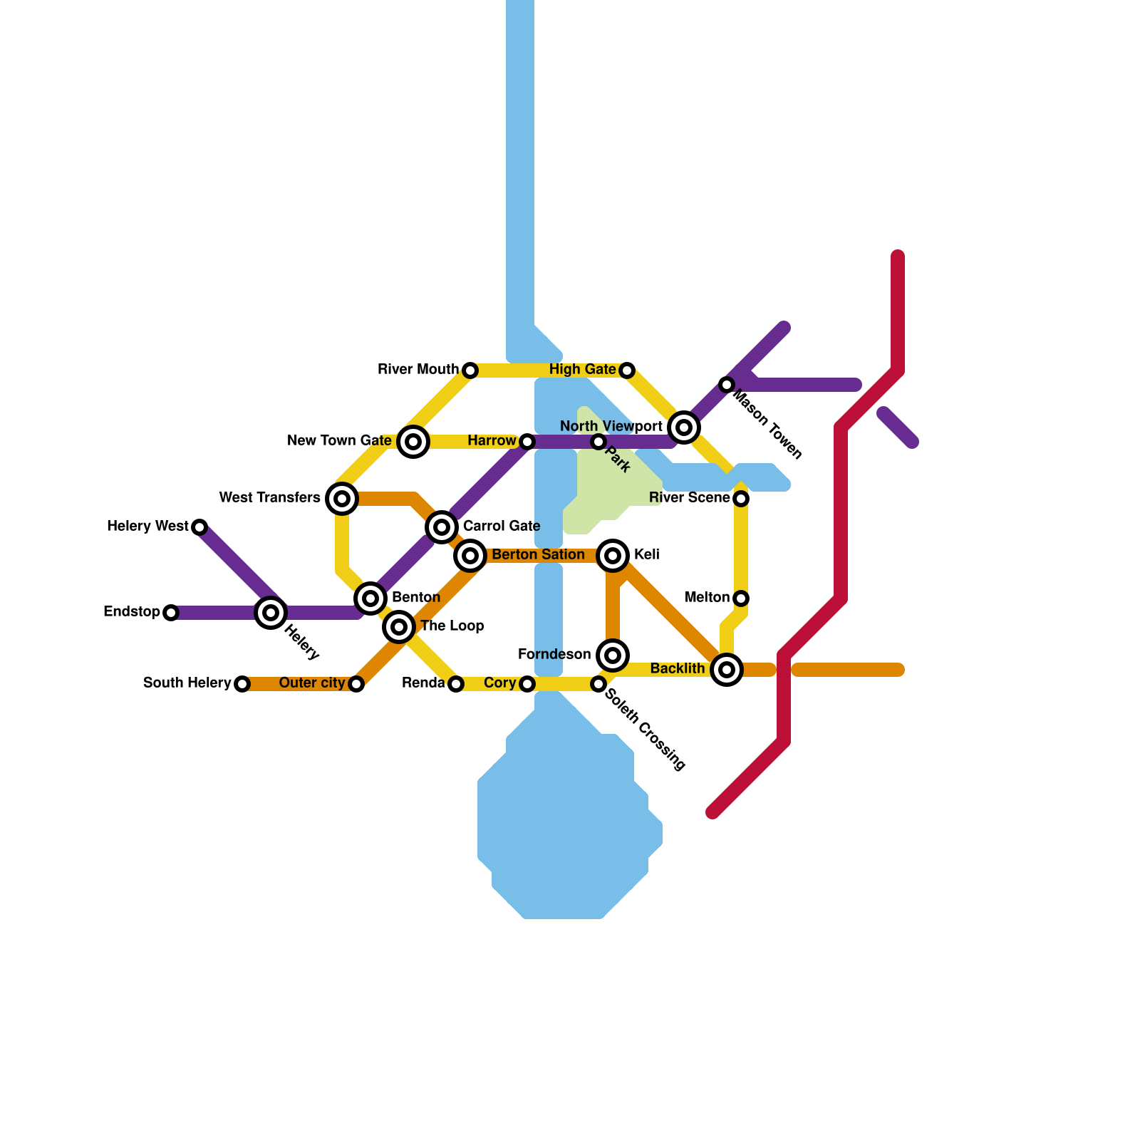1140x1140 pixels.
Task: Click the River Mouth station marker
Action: [470, 370]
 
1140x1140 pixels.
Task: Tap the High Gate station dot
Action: [626, 370]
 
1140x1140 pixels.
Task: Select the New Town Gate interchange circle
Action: [413, 442]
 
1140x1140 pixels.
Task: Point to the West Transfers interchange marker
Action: [342, 499]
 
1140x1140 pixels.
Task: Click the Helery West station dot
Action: [199, 527]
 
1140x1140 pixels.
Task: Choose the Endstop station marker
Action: [170, 613]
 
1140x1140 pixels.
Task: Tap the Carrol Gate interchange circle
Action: [442, 527]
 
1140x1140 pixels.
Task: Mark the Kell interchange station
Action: [613, 556]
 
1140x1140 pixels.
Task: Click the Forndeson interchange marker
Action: [613, 655]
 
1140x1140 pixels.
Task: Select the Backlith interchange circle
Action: [727, 670]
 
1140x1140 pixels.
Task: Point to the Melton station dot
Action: [741, 598]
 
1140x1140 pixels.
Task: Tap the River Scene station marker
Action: [741, 499]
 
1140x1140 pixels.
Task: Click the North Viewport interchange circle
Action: [684, 427]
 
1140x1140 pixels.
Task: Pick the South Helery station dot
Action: [242, 684]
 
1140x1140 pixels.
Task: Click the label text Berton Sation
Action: [538, 555]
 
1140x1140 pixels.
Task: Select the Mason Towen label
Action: [768, 425]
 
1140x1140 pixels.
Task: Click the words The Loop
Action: [452, 626]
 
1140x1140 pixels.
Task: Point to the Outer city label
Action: [312, 683]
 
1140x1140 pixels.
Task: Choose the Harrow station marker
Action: [527, 442]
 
